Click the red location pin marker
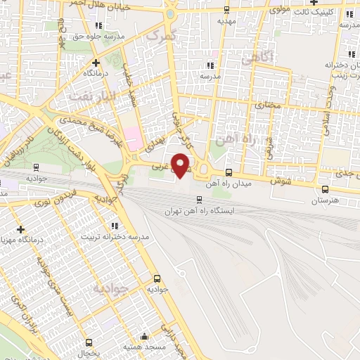(x=181, y=165)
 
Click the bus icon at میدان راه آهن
(x=229, y=172)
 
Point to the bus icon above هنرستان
(x=324, y=188)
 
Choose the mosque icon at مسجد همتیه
(x=144, y=336)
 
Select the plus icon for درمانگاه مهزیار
(x=22, y=229)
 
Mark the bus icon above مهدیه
(x=226, y=10)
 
